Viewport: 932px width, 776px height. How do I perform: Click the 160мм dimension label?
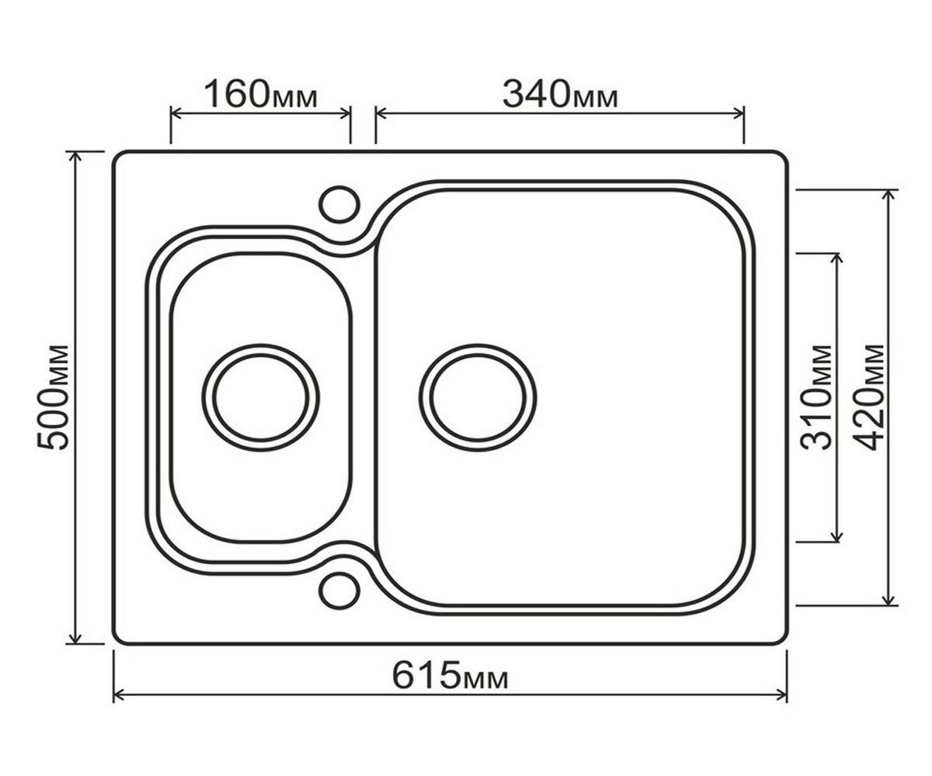tap(261, 95)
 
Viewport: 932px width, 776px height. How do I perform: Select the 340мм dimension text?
tap(560, 95)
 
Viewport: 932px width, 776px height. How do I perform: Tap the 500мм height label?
tap(54, 397)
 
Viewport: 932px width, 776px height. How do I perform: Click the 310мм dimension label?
tap(816, 397)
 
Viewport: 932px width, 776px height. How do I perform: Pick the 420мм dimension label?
tap(868, 397)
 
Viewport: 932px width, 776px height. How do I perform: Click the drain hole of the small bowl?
tap(261, 397)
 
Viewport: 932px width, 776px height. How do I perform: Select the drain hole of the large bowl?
tap(478, 397)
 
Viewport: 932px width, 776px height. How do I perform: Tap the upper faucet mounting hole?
tap(339, 204)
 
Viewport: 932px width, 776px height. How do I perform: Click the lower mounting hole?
tap(339, 591)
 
